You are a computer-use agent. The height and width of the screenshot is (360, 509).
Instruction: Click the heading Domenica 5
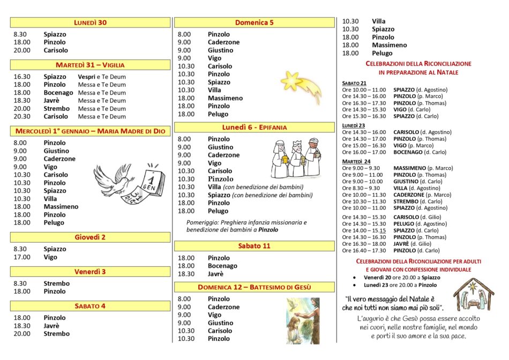point(254,22)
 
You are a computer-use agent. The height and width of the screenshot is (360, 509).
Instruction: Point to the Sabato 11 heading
point(254,246)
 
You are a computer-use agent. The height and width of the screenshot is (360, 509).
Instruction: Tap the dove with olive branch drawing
point(112,180)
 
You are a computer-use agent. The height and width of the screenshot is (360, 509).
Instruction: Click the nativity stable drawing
point(474,294)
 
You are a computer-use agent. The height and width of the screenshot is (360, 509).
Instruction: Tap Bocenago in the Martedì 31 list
point(58,93)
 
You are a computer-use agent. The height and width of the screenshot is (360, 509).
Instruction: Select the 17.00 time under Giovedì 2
point(22,257)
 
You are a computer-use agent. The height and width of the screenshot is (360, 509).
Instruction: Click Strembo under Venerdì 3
point(56,283)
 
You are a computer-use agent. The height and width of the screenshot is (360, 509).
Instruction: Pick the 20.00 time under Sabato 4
point(22,334)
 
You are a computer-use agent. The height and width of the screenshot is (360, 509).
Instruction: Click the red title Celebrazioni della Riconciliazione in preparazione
point(418,67)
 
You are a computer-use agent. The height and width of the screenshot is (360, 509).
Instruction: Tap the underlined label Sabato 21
point(354,83)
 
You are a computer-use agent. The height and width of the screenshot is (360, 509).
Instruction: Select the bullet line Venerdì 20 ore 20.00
point(402,277)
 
